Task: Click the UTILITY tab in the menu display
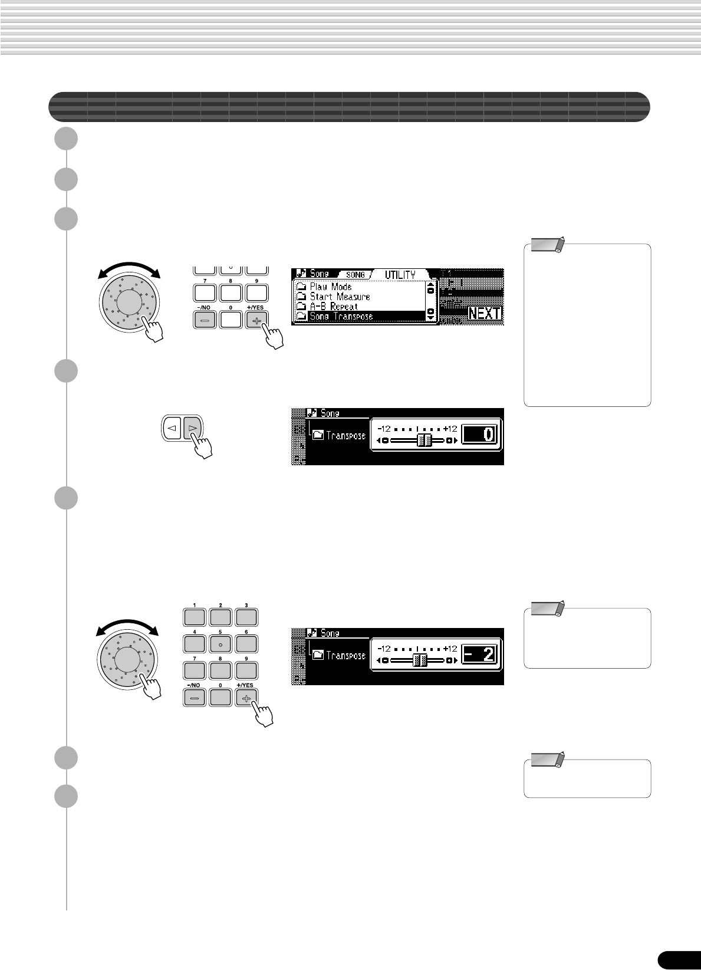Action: [x=400, y=275]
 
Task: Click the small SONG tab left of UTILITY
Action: [x=356, y=275]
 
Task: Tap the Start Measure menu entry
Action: [x=340, y=297]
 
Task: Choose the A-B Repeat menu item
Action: [x=334, y=307]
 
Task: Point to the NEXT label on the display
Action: [x=485, y=313]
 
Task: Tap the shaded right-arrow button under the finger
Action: [x=192, y=428]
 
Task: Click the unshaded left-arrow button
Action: [x=172, y=428]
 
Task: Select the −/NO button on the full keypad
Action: [x=195, y=698]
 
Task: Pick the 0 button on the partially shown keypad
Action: [x=231, y=320]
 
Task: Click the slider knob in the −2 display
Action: [x=420, y=660]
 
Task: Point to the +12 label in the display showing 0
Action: [x=450, y=429]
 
